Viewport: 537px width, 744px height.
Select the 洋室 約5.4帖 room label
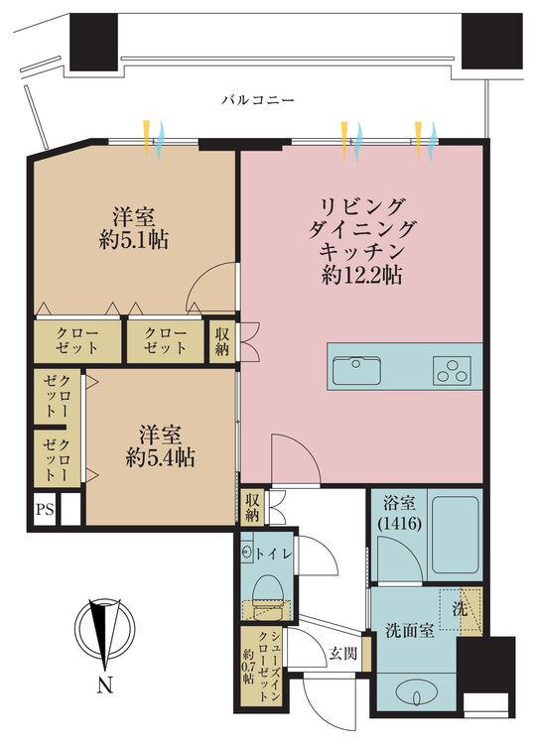(x=159, y=446)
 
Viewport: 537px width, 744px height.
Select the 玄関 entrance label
(x=341, y=654)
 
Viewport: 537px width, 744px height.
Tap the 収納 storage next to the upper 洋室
(x=221, y=340)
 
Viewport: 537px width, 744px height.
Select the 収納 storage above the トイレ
(x=253, y=507)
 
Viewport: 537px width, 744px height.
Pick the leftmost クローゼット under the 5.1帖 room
(x=76, y=340)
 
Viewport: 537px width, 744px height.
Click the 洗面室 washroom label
(x=409, y=632)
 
